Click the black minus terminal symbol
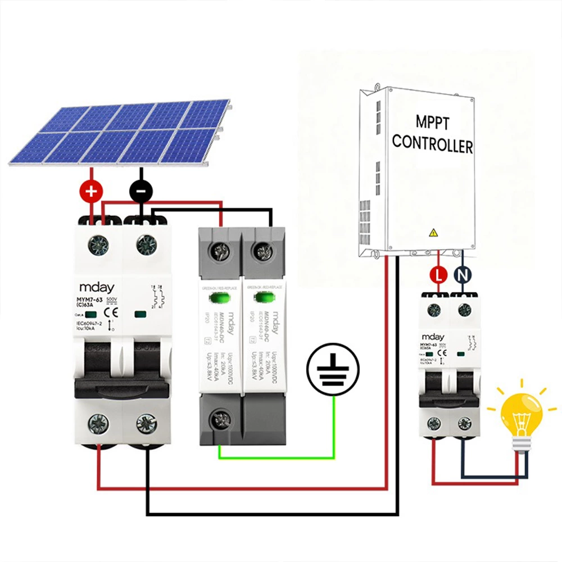[140, 192]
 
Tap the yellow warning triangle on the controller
[433, 232]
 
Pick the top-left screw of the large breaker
[98, 244]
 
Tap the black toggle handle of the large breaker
[123, 387]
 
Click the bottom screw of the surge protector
[219, 419]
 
